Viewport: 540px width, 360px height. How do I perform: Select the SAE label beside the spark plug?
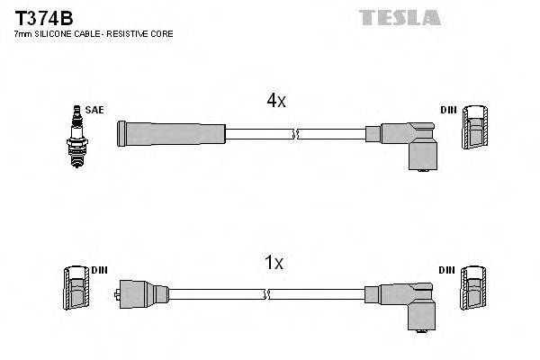point(96,110)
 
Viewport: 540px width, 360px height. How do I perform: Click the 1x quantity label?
point(274,263)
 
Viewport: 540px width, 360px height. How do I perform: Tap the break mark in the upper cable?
point(295,134)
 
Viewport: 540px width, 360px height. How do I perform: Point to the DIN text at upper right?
point(448,110)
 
